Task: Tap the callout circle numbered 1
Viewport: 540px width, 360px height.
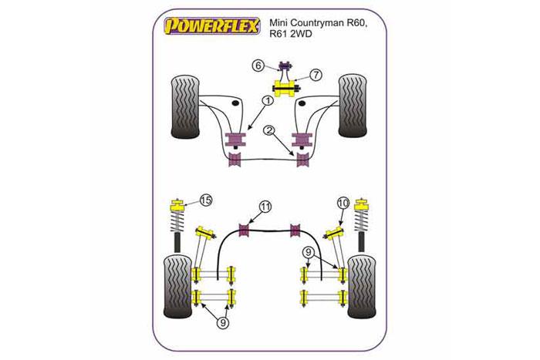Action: [x=265, y=100]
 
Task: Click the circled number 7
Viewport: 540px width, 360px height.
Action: [x=316, y=74]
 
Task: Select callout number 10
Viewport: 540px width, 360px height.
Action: [x=343, y=203]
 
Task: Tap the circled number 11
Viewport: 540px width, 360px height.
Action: [x=265, y=207]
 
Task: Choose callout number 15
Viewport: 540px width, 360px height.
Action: [x=205, y=202]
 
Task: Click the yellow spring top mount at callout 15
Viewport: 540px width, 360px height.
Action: [x=177, y=206]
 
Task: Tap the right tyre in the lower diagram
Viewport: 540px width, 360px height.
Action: [x=363, y=285]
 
